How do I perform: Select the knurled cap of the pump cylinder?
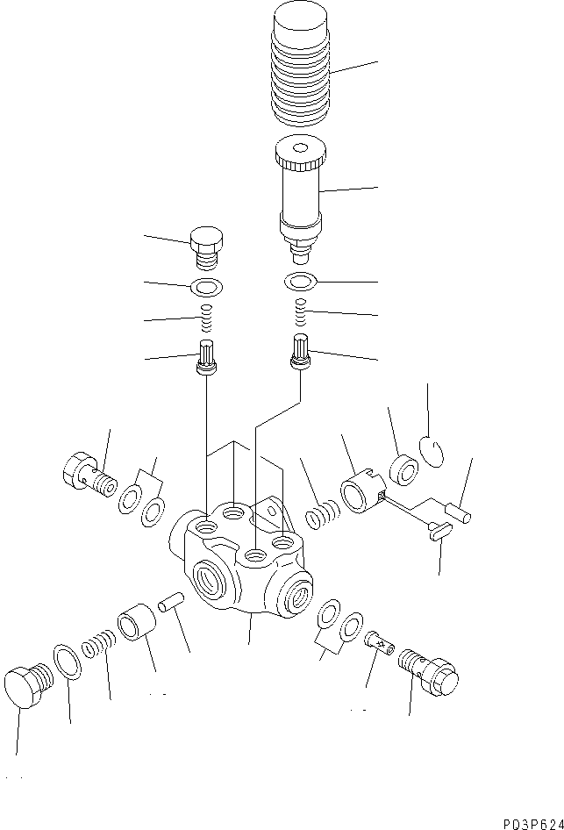pyautogui.click(x=301, y=156)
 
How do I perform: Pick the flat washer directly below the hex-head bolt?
pyautogui.click(x=206, y=286)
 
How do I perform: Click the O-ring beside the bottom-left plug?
pyautogui.click(x=68, y=661)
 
